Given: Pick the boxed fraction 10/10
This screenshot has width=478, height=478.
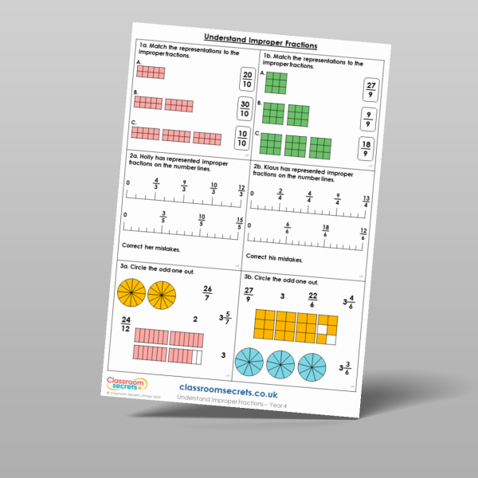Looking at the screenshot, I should pos(242,137).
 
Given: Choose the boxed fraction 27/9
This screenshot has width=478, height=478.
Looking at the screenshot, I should pos(370,90).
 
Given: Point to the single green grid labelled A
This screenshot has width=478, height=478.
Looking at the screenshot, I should pos(276,84).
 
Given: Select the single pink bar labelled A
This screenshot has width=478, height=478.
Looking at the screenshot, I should pos(151,72).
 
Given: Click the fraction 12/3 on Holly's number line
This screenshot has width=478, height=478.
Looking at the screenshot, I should pos(241,190).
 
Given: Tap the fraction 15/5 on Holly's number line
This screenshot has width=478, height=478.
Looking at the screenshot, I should pos(238,223).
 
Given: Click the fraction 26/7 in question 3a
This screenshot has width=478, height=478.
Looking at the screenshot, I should pos(208,292).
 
